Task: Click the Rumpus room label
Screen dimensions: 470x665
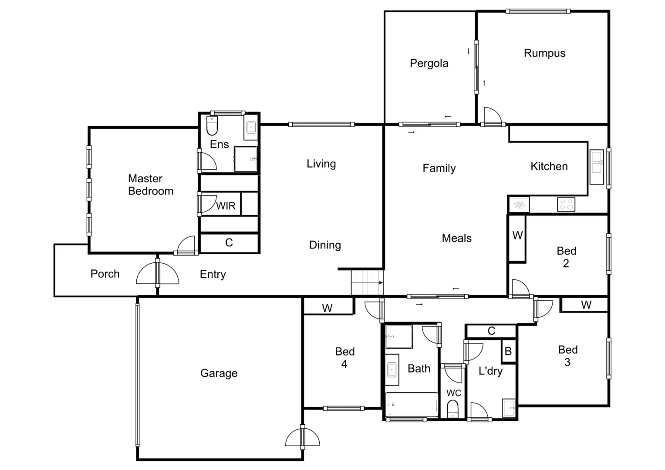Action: [544, 53]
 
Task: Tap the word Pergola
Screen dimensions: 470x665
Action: [429, 64]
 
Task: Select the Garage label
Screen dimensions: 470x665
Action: [219, 373]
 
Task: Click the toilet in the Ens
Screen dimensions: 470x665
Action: [212, 126]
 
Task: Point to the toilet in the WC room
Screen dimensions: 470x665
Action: [453, 410]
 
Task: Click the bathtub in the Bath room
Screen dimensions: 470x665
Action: [412, 405]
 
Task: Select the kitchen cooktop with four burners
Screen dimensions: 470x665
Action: [566, 204]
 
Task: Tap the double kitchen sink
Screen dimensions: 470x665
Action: [596, 168]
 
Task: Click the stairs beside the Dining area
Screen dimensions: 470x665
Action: [367, 282]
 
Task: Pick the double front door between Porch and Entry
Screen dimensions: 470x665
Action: [158, 273]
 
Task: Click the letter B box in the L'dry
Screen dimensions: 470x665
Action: [508, 351]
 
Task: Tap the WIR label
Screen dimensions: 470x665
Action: [226, 206]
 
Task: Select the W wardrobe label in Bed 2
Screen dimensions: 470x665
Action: [517, 235]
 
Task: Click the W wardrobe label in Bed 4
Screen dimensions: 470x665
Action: [327, 308]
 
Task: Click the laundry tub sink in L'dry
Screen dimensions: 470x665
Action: [509, 408]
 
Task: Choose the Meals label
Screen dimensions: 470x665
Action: [456, 238]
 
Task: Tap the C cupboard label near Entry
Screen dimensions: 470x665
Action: [229, 243]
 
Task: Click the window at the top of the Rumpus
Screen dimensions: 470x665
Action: [538, 11]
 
